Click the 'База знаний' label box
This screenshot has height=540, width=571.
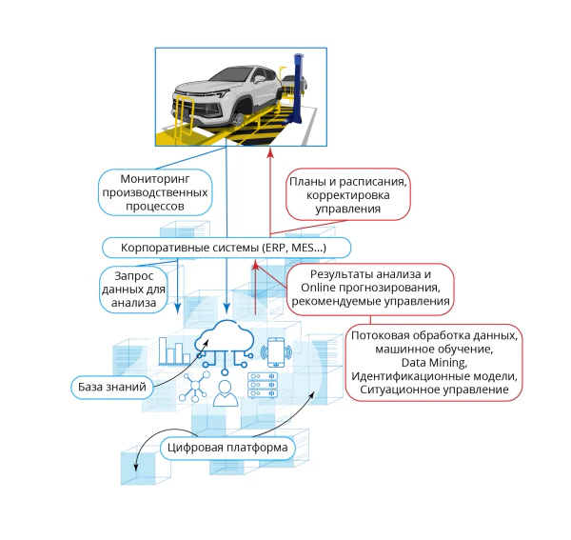tap(111, 387)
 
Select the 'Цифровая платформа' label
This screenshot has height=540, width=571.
tap(227, 448)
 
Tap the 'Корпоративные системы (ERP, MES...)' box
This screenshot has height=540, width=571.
tap(226, 248)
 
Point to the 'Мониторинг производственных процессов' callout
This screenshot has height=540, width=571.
tap(155, 192)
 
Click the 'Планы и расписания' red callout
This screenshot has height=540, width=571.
tap(348, 194)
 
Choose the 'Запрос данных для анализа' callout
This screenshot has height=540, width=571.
tap(133, 290)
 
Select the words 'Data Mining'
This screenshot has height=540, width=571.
tap(434, 363)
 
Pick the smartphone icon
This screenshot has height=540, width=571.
tap(276, 352)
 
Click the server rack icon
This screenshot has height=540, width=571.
tap(263, 385)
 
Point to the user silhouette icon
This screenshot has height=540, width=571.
tap(226, 393)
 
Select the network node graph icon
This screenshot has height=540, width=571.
tap(194, 387)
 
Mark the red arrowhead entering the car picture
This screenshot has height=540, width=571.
tap(270, 153)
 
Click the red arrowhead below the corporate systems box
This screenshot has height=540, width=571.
tap(255, 265)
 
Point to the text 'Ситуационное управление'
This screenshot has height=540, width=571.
tap(434, 390)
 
